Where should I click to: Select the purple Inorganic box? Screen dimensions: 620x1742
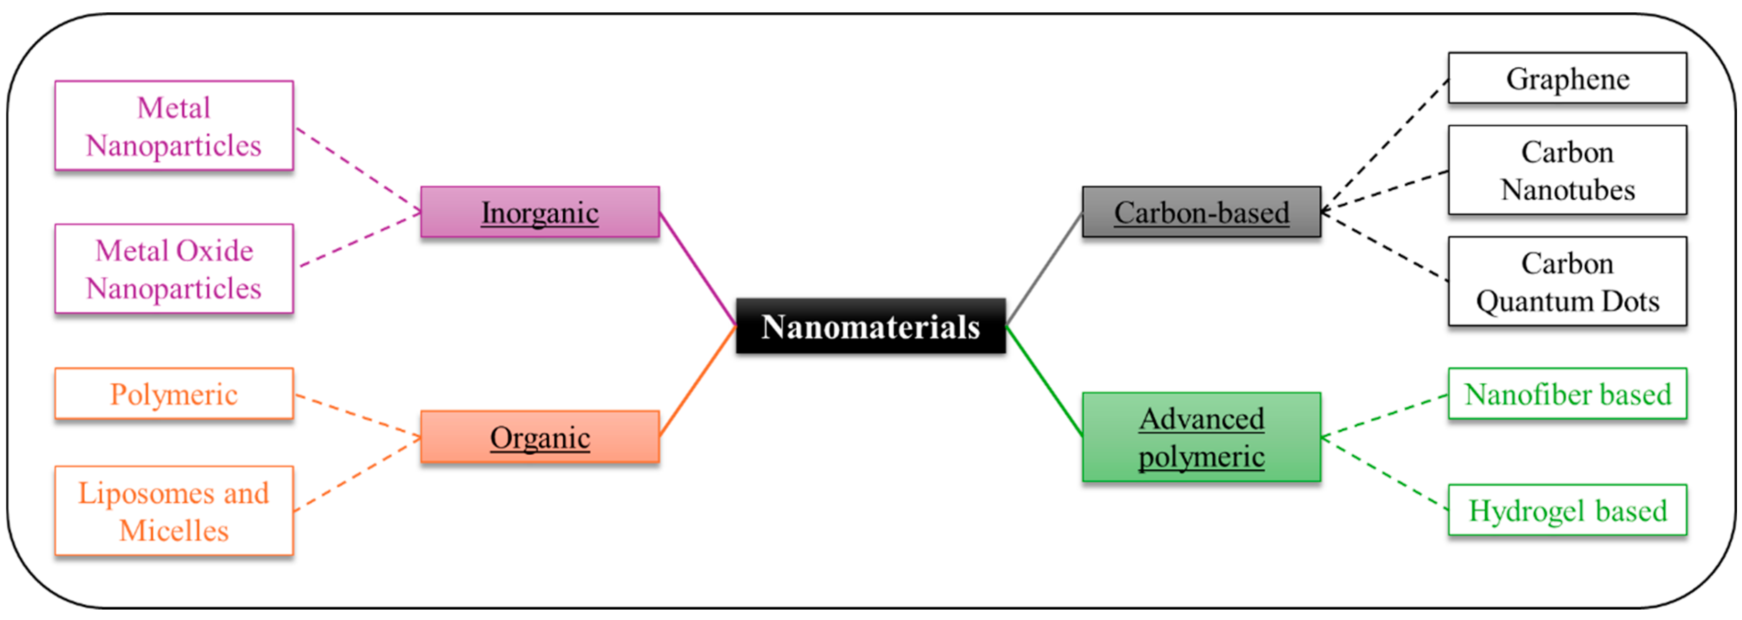(540, 212)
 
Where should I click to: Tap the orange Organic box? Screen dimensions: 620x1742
(540, 437)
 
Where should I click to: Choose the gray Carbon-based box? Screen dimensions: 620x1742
(1201, 212)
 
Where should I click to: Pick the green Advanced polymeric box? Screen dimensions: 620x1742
(1201, 437)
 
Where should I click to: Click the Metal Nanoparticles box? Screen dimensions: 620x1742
(174, 126)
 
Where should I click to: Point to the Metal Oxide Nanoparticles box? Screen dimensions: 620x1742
(174, 269)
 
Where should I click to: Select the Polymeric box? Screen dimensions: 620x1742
(174, 394)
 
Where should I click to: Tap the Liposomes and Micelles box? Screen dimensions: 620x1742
(174, 511)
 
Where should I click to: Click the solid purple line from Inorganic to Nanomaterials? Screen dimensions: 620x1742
(698, 269)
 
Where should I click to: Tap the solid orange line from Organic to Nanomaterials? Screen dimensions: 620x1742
(698, 381)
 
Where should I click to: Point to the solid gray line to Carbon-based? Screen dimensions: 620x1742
(1044, 269)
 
